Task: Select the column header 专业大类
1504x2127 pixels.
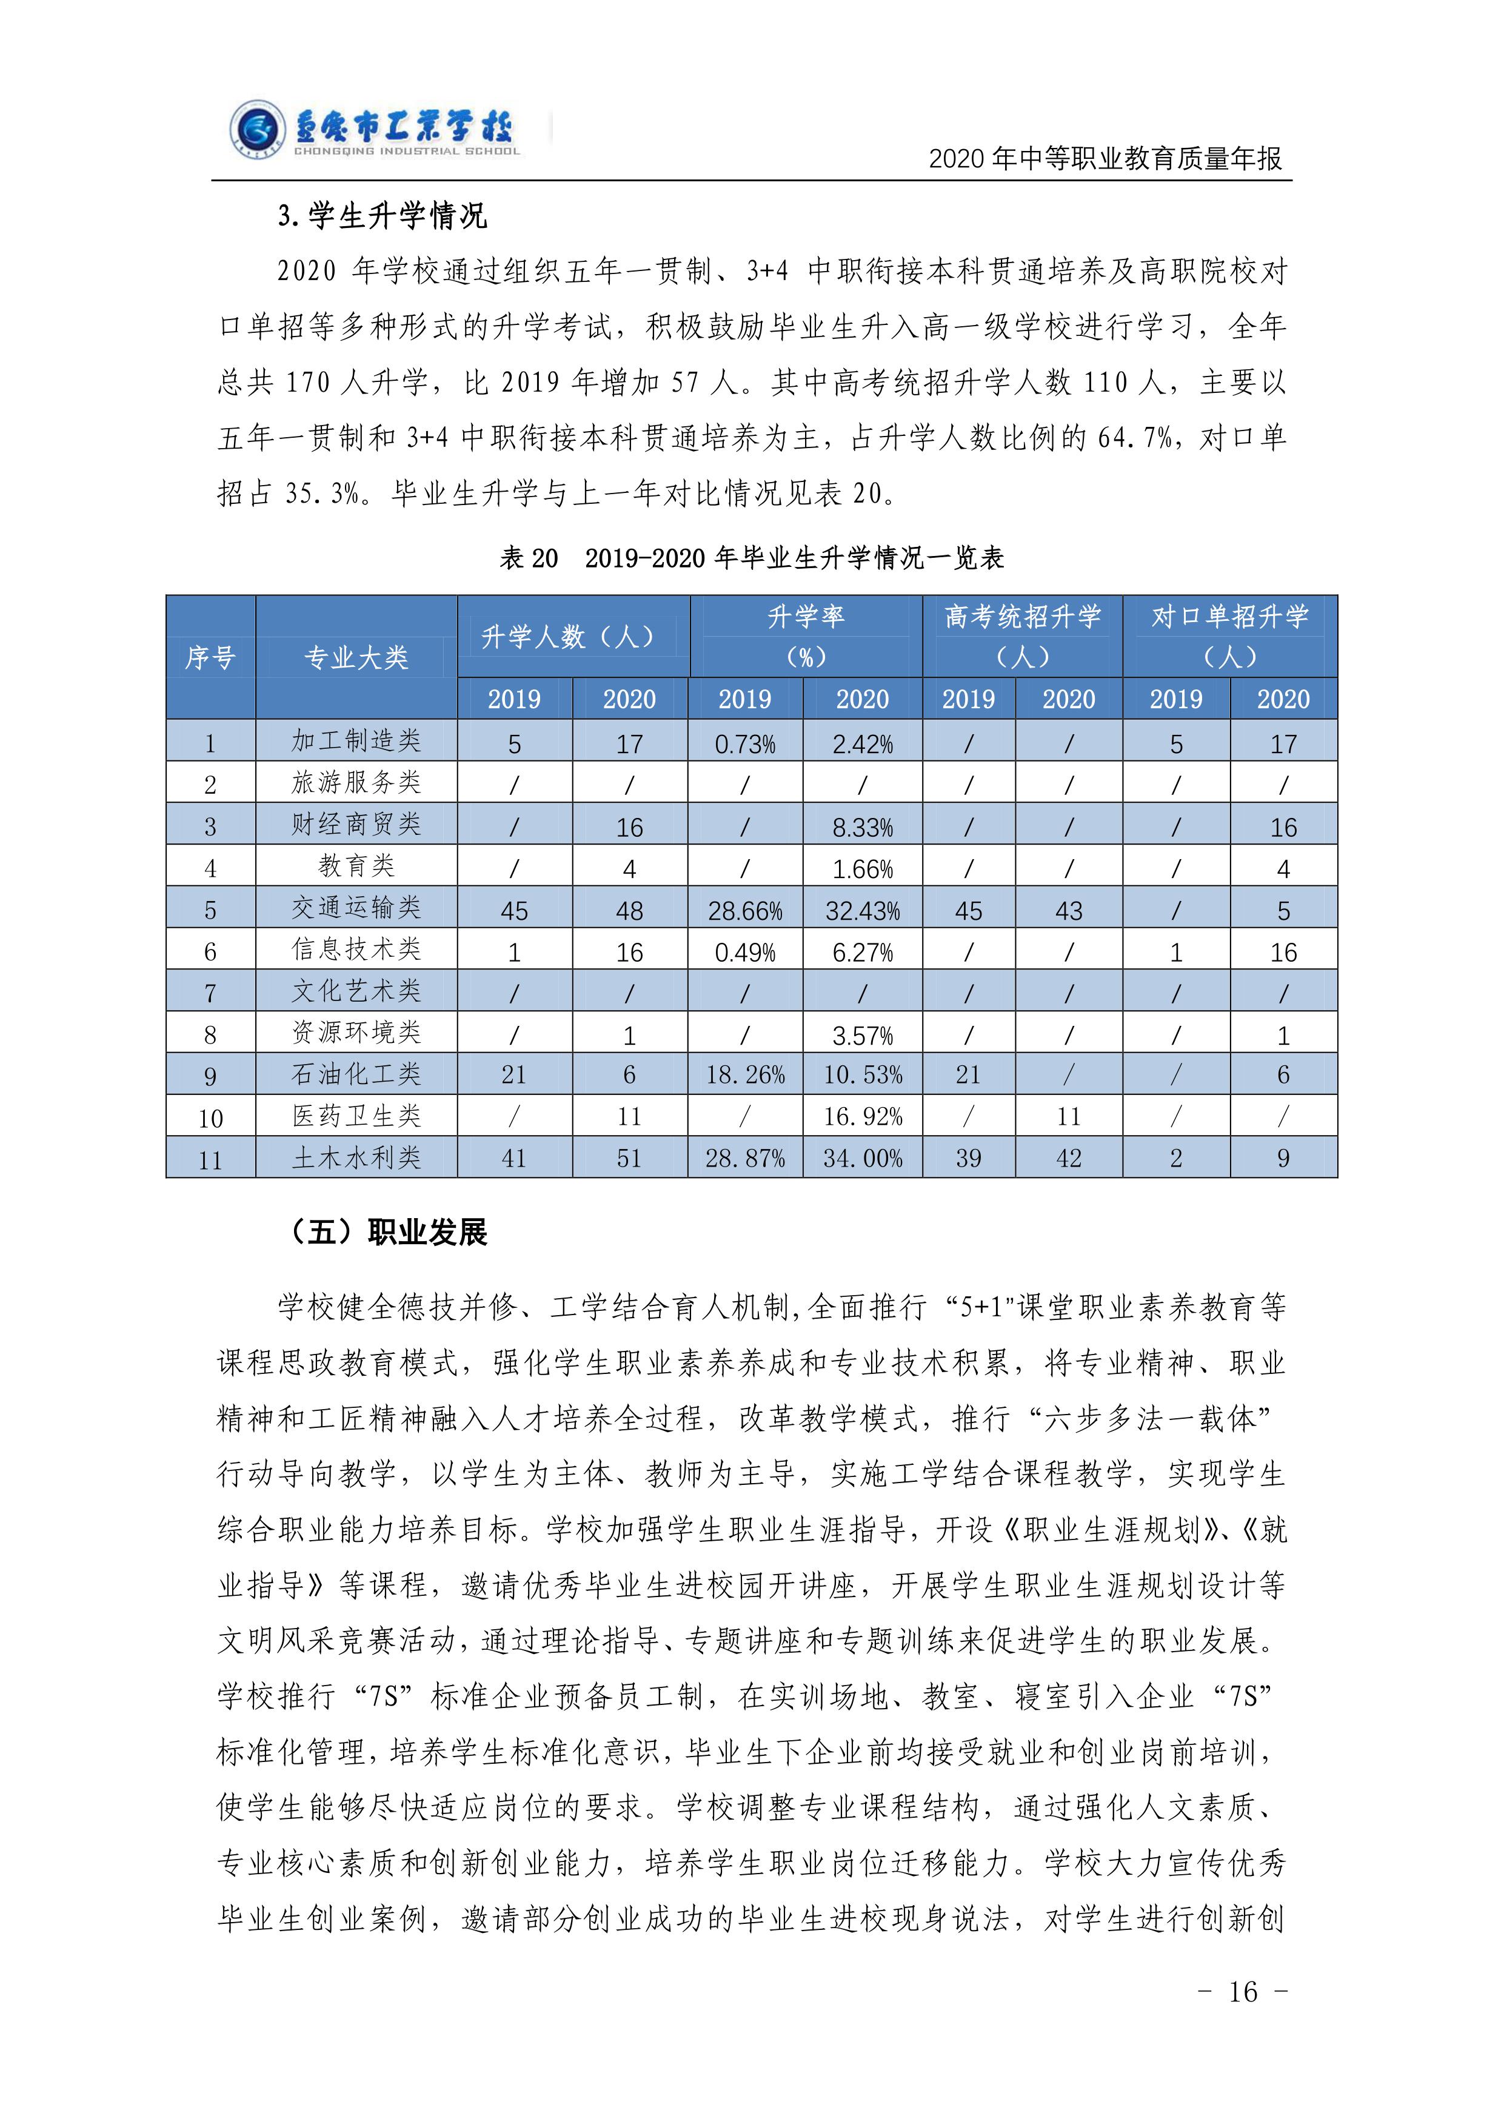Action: tap(356, 658)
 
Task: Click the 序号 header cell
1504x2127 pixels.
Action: tap(210, 658)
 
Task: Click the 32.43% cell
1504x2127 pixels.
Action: tap(862, 911)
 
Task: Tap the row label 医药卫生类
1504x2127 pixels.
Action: tap(356, 1116)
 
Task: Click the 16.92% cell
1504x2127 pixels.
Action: tap(862, 1116)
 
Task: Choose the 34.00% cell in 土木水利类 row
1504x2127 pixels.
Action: tap(862, 1158)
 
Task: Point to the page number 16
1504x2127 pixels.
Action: tap(1243, 1991)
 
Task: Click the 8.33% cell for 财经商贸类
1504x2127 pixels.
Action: tap(862, 827)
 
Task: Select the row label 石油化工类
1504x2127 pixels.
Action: tap(356, 1074)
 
